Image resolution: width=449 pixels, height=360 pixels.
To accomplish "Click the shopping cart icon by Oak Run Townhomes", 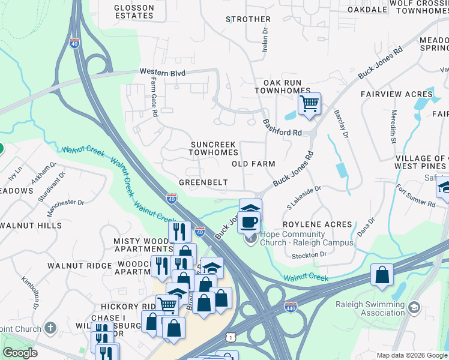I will tap(309, 103).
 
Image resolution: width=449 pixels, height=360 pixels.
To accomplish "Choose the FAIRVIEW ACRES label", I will tap(396, 94).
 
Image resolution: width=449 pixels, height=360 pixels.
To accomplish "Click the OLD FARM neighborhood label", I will tap(254, 164).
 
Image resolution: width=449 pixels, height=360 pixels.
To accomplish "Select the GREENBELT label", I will tap(203, 182).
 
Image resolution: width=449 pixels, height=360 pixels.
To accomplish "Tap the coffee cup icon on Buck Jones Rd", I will tap(250, 222).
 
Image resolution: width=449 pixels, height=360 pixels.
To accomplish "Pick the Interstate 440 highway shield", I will tap(291, 306).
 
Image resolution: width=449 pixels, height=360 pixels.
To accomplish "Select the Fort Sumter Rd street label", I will tap(415, 196).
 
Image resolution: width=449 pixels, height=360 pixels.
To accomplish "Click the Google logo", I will tap(20, 353).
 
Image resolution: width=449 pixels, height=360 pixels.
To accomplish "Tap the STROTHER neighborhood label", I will tap(248, 19).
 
